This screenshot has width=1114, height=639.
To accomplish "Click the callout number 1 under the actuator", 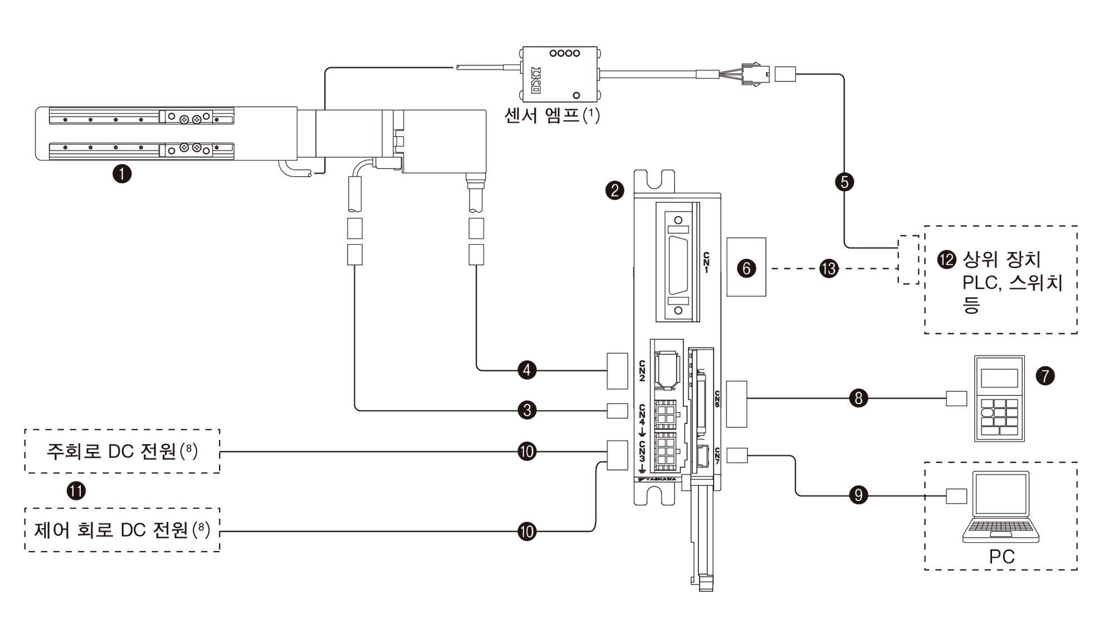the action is (122, 174).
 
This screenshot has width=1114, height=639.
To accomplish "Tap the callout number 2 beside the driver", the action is (614, 191).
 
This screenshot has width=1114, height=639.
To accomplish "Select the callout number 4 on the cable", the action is (527, 370).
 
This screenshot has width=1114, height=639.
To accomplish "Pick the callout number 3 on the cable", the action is (527, 411).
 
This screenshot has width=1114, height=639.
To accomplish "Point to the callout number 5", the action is (844, 182).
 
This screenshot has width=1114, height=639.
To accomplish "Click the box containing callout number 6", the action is (746, 267).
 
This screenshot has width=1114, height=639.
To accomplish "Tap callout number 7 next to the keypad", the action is (1045, 376).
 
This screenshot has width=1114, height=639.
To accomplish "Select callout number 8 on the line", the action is (858, 399).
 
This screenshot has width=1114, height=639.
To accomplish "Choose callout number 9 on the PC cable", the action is (858, 495).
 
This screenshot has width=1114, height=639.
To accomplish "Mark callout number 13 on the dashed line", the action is (829, 269).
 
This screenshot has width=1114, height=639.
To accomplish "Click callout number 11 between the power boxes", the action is (76, 491).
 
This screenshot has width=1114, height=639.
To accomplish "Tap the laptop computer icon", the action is (1001, 507).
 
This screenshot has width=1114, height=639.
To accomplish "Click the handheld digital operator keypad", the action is (999, 399).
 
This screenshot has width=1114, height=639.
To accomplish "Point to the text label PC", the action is (1001, 557).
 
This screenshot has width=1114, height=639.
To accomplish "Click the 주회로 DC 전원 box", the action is (122, 451).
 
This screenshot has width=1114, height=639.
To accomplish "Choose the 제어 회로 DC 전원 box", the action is (122, 530).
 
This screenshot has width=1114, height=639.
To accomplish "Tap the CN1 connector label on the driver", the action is (706, 262).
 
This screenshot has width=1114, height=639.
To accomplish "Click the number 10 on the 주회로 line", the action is (527, 451).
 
